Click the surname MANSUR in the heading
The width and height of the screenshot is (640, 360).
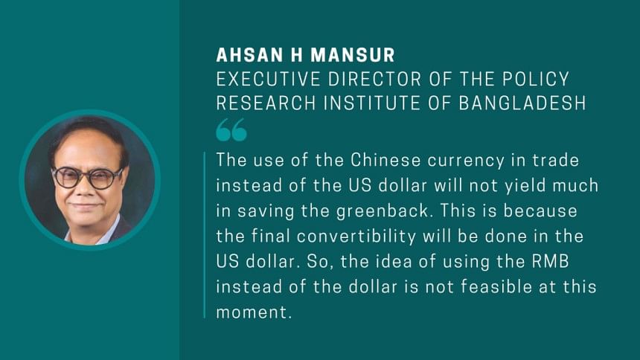(x=353, y=55)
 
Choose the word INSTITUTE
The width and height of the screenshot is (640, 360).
(x=371, y=103)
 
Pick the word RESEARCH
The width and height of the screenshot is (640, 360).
(x=266, y=103)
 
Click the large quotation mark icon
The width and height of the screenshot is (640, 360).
(x=231, y=130)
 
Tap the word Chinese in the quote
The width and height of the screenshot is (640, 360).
(x=385, y=160)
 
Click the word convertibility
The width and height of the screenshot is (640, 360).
(x=356, y=237)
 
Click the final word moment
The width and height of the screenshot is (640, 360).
(x=254, y=312)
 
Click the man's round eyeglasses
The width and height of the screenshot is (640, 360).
(x=87, y=178)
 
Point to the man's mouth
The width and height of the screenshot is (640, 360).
(x=83, y=205)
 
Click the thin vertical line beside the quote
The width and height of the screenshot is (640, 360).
(x=205, y=235)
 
